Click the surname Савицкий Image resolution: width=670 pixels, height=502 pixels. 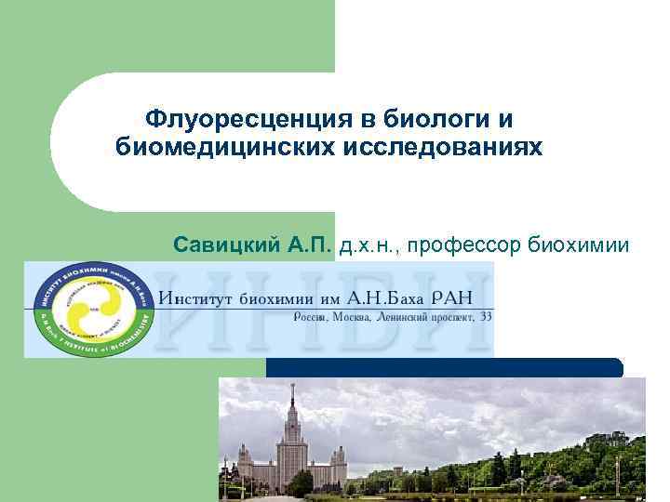(x=225, y=244)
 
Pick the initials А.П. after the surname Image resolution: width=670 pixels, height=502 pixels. (x=307, y=244)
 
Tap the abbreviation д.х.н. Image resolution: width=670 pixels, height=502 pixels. (x=370, y=244)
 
